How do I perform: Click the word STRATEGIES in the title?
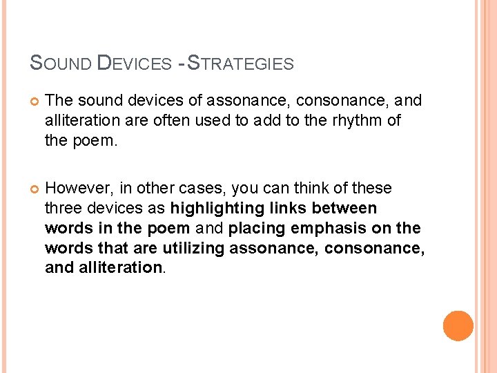pyautogui.click(x=241, y=64)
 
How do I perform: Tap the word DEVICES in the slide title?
pyautogui.click(x=135, y=64)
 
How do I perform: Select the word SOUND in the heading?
pyautogui.click(x=61, y=64)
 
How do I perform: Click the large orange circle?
pyautogui.click(x=458, y=326)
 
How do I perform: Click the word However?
pyautogui.click(x=74, y=189)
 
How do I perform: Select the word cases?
pyautogui.click(x=204, y=189)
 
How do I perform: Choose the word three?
pyautogui.click(x=63, y=209)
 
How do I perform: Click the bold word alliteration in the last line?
pyautogui.click(x=117, y=268)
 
